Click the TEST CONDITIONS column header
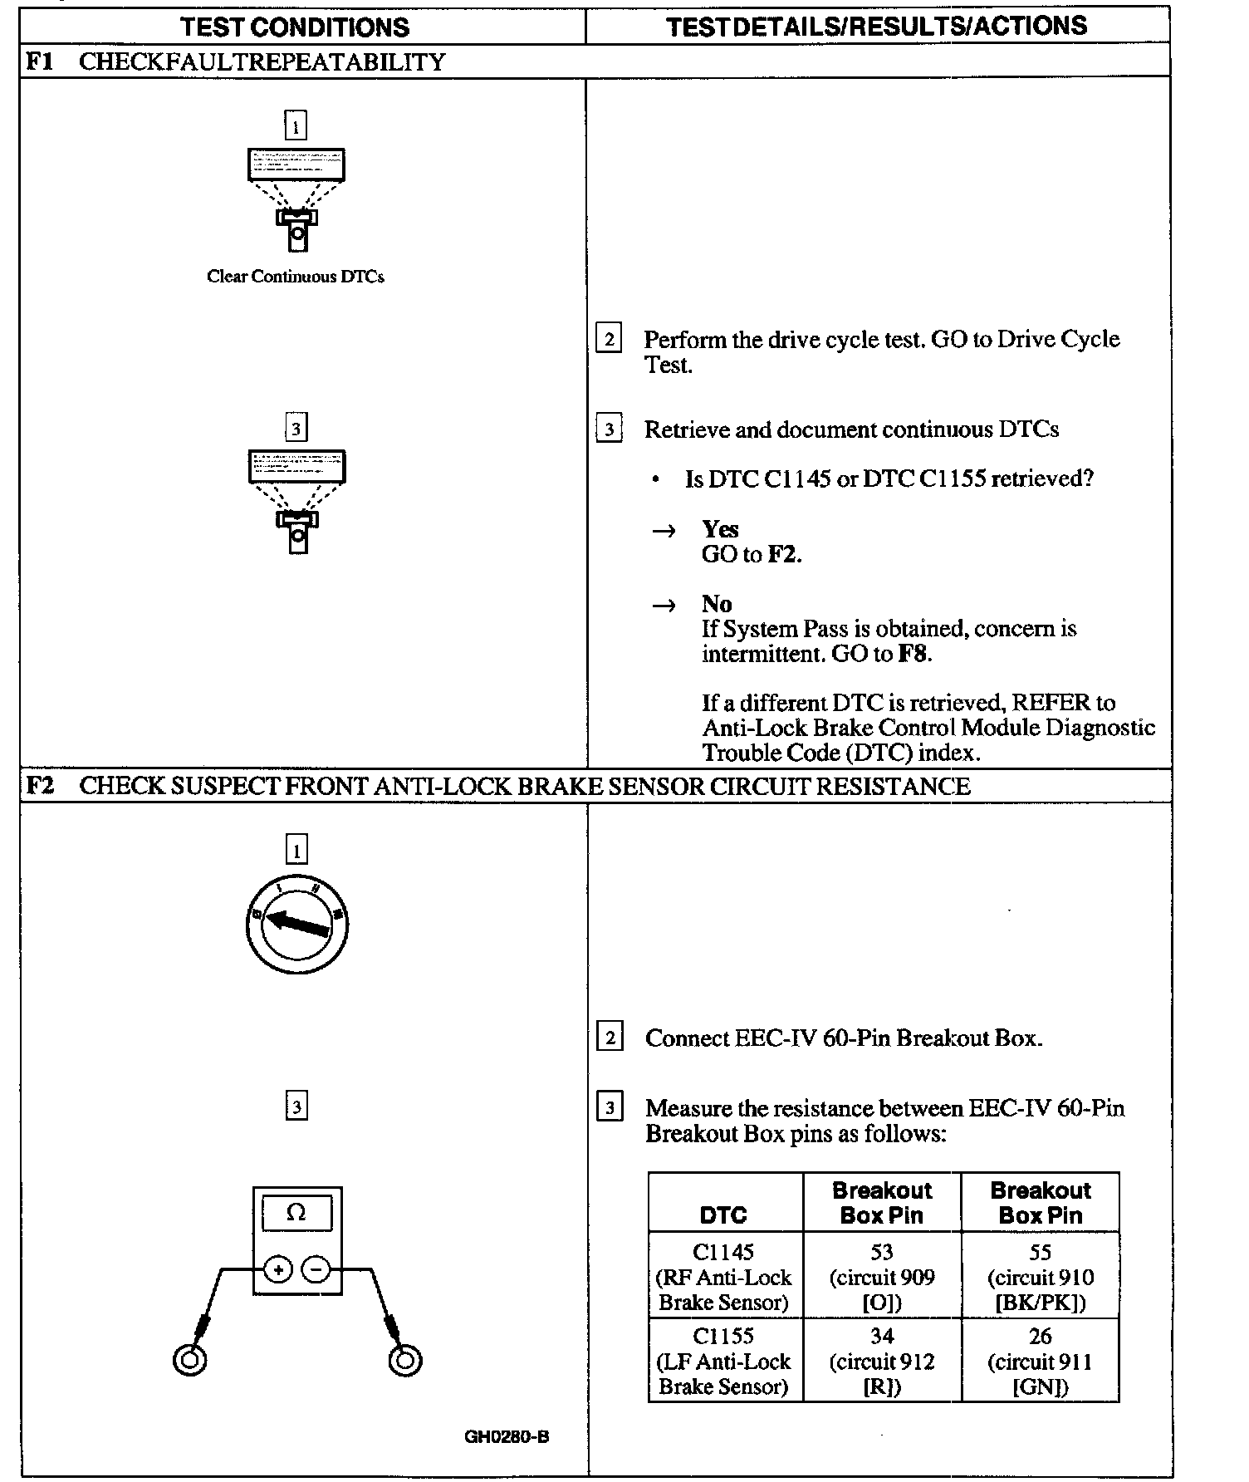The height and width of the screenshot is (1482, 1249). click(295, 27)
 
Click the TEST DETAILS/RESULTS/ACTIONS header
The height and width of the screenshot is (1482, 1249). click(876, 26)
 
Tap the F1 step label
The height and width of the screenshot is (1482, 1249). click(38, 61)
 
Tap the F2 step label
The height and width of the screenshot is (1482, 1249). click(39, 786)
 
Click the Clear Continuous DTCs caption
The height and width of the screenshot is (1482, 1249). click(296, 277)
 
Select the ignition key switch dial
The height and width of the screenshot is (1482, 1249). click(297, 924)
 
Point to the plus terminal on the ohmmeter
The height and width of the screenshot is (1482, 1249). click(278, 1269)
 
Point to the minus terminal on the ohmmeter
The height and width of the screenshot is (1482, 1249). click(316, 1269)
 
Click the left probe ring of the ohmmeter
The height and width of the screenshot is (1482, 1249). click(189, 1360)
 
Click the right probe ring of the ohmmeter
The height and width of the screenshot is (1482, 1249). click(404, 1360)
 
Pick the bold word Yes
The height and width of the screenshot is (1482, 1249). click(719, 529)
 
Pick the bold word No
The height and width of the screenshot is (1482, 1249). click(716, 604)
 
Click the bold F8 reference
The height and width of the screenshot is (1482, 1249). click(912, 654)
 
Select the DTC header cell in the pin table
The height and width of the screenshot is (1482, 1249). click(724, 1215)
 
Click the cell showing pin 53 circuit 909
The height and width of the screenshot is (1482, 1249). click(882, 1277)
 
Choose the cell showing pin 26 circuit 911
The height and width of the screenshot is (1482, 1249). click(1040, 1361)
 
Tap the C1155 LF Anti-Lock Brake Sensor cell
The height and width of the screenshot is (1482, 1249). click(724, 1361)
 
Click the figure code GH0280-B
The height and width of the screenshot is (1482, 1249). click(507, 1436)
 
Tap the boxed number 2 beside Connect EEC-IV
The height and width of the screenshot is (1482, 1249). click(610, 1038)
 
